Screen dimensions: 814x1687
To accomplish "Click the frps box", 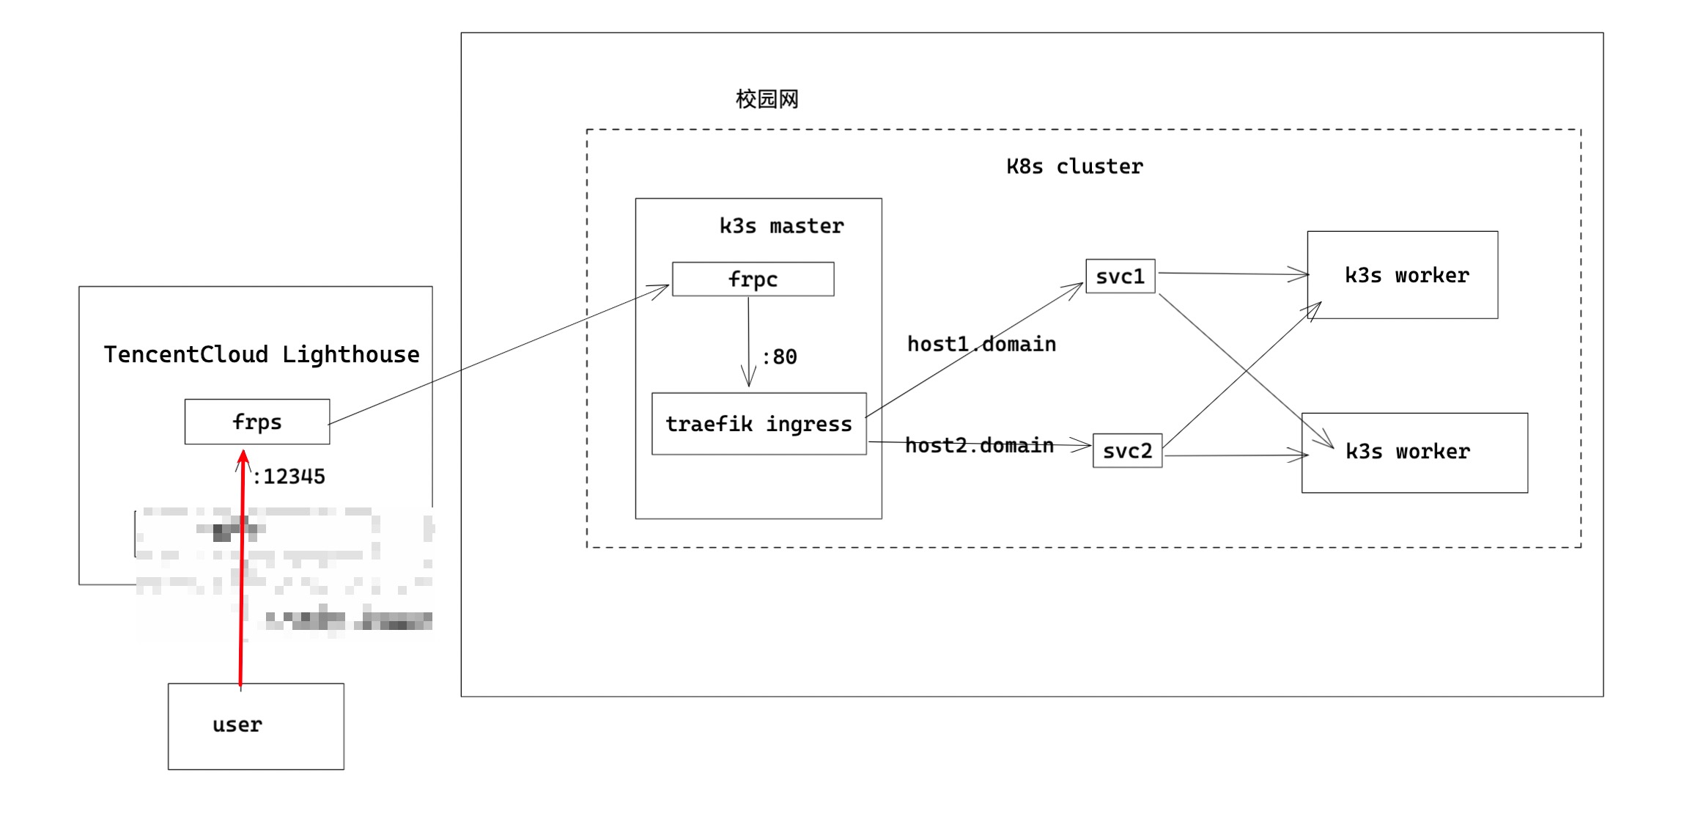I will pos(256,422).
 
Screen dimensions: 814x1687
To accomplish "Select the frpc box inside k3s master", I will pos(753,279).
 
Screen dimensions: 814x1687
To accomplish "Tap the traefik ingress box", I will pos(758,424).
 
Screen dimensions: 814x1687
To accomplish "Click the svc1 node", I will pos(1120,276).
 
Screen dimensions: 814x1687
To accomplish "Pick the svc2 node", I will pos(1127,450).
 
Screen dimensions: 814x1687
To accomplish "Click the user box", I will pos(256,726).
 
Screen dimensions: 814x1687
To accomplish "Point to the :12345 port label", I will pos(289,477).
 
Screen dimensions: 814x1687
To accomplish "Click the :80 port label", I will pos(780,357).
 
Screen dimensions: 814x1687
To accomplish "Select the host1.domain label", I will pos(981,344).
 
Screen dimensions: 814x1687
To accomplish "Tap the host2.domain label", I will pos(979,445).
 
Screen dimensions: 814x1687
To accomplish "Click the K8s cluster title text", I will pos(1074,166).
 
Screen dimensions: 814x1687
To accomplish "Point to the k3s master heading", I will pos(781,226).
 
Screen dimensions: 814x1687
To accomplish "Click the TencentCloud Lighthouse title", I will pos(262,354).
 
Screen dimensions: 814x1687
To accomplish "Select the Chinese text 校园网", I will pos(767,99).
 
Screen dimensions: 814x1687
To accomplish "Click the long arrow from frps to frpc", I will pos(498,356).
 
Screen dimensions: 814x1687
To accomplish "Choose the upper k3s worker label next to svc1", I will pos(1406,276).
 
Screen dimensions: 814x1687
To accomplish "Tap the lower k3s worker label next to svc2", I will pos(1407,452).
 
